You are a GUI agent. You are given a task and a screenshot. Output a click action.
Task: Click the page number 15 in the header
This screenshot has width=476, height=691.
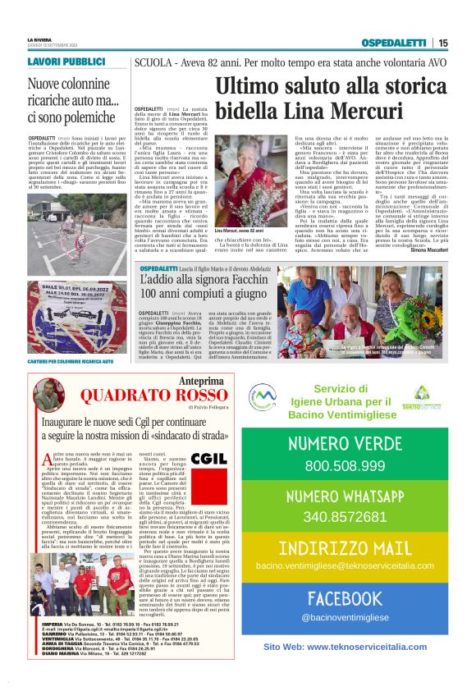coord(443,43)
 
